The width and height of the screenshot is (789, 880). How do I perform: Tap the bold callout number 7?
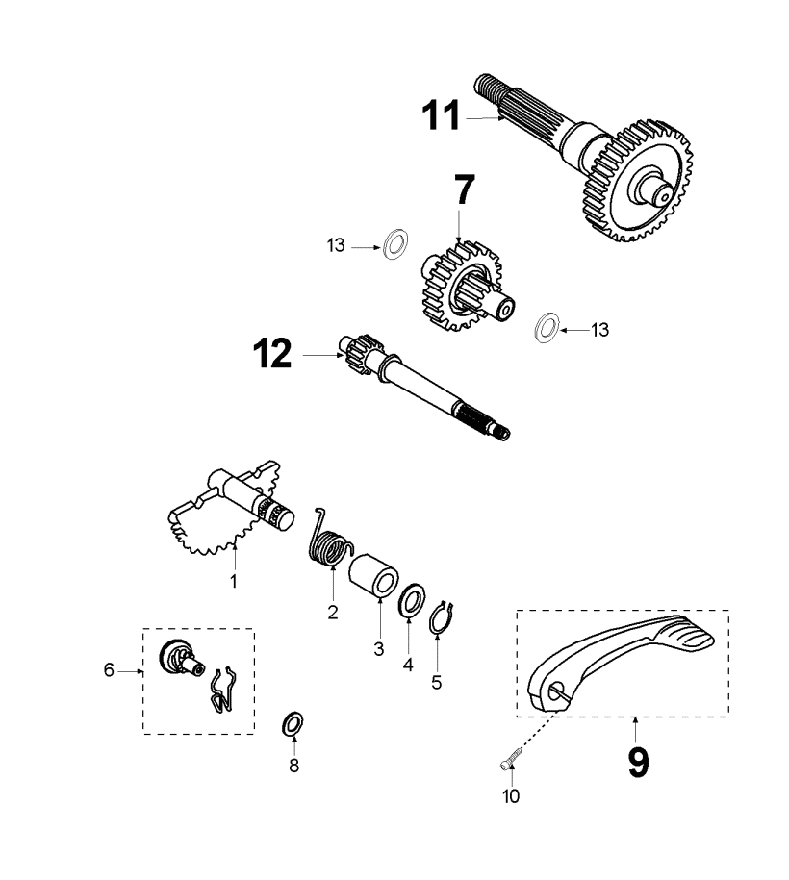coord(464,191)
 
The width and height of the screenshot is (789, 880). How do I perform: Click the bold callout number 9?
coord(637,761)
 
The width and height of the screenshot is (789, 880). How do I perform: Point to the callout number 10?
coord(511,796)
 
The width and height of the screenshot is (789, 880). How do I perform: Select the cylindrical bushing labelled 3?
coord(374,575)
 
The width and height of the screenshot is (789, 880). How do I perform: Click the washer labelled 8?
coord(293,722)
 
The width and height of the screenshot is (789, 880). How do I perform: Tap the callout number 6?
coord(109,670)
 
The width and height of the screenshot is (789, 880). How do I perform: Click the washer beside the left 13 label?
coord(394,244)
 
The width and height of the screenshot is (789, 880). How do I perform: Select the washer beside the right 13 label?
coord(546,326)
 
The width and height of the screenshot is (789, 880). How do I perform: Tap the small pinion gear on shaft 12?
coord(361,353)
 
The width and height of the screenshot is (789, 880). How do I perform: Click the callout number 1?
coord(232,581)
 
